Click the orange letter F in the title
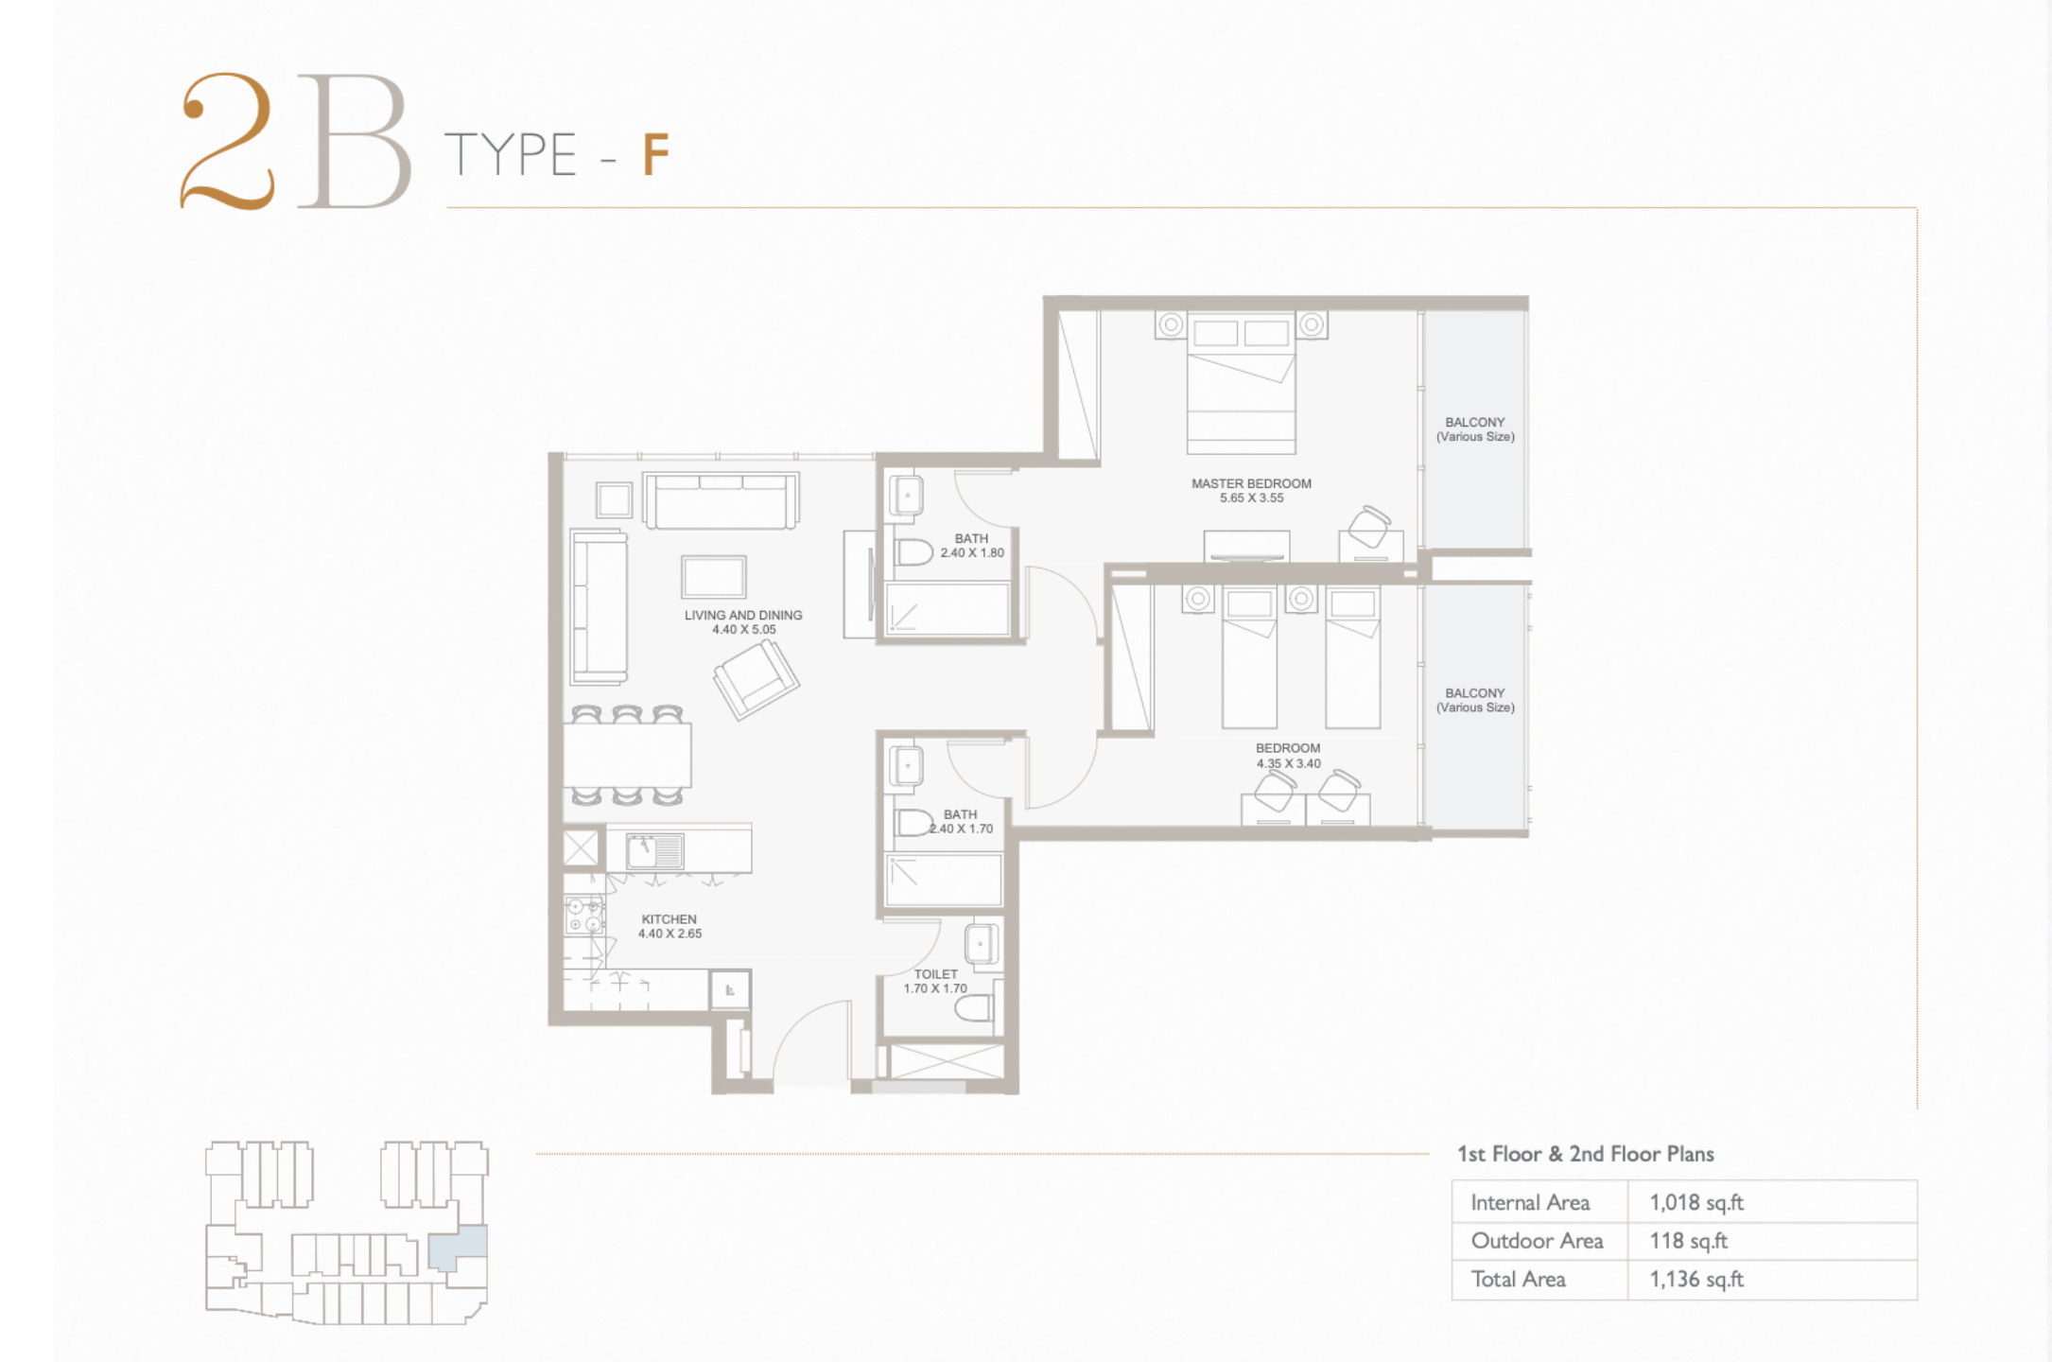[656, 154]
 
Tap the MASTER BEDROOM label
[1251, 483]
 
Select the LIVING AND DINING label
[743, 615]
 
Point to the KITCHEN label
[669, 919]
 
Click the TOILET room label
[936, 974]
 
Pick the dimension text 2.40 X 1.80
[972, 553]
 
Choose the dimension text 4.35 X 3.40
[1288, 763]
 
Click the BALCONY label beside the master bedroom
[1475, 423]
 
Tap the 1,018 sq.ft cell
[1696, 1202]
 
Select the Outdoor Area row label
[1537, 1241]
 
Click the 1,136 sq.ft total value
[1696, 1280]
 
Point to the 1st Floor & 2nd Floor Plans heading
[1585, 1154]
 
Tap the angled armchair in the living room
[756, 678]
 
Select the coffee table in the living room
[713, 577]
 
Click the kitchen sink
[654, 850]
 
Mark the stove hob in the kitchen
[584, 916]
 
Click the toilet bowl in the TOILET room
[974, 1009]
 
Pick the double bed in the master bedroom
[1241, 383]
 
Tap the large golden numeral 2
[228, 141]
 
